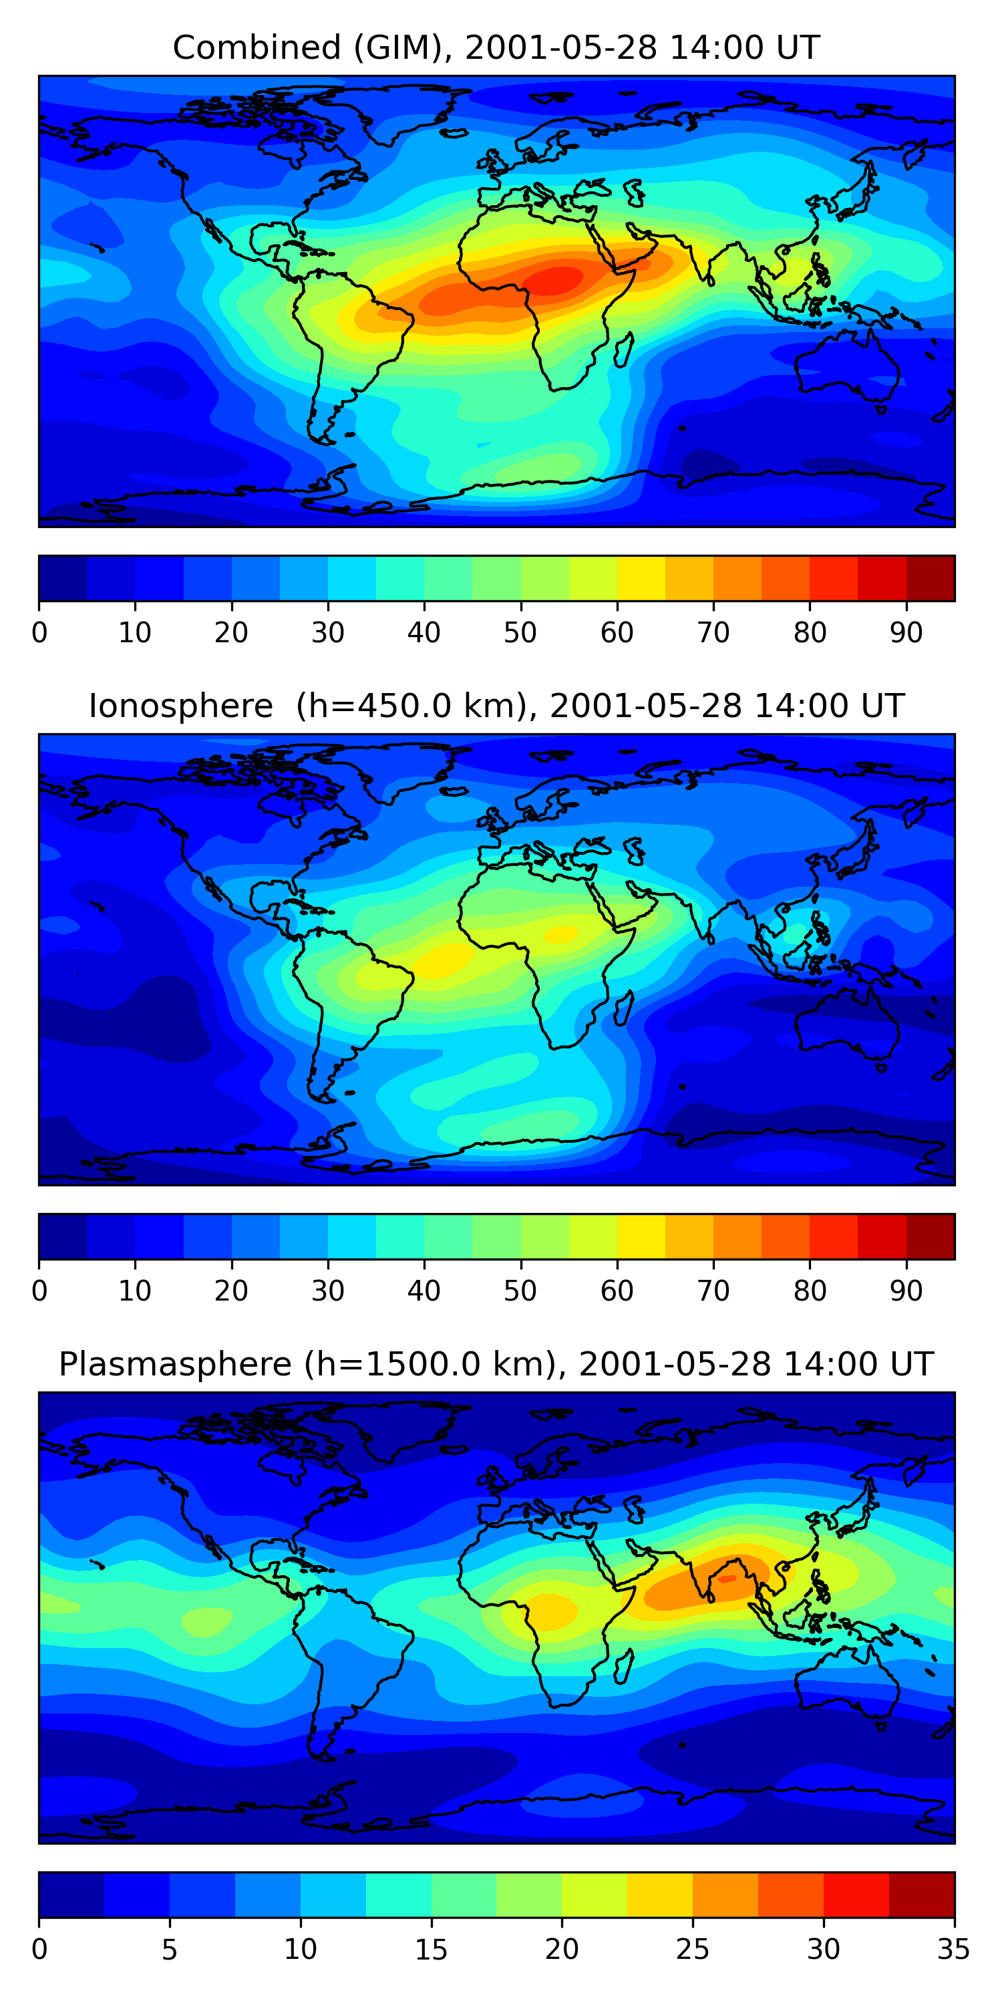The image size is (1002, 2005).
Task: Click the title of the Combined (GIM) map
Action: pyautogui.click(x=496, y=47)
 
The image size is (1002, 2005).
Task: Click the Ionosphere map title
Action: pyautogui.click(x=496, y=706)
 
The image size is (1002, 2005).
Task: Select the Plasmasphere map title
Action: pyautogui.click(x=496, y=1365)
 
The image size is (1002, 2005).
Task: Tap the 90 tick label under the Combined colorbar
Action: pyautogui.click(x=906, y=633)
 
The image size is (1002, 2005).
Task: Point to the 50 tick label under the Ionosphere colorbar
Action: pyautogui.click(x=520, y=1291)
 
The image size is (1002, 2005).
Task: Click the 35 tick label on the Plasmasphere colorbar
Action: pyautogui.click(x=954, y=1950)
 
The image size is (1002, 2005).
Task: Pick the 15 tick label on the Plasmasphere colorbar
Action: pyautogui.click(x=431, y=1950)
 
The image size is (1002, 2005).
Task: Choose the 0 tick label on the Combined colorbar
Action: pyautogui.click(x=39, y=633)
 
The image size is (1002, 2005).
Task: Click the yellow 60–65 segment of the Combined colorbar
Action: pyautogui.click(x=641, y=578)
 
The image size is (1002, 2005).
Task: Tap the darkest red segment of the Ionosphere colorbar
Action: pyautogui.click(x=931, y=1237)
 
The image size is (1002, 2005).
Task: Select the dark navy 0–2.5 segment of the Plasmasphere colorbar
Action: pyautogui.click(x=71, y=1895)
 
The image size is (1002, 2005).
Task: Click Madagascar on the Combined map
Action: pyautogui.click(x=624, y=350)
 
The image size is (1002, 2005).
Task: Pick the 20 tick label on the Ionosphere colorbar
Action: pyautogui.click(x=231, y=1291)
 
